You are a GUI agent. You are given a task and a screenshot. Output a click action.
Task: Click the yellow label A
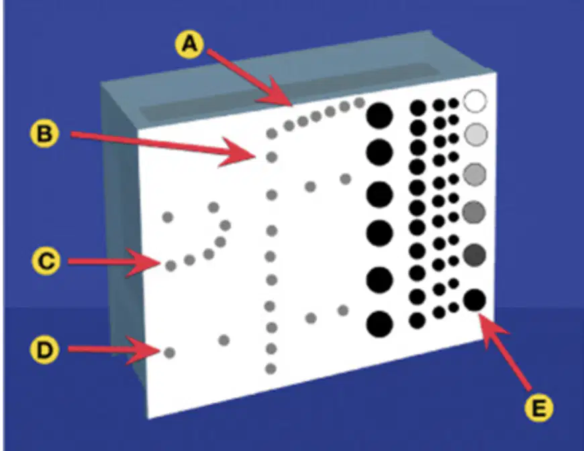pyautogui.click(x=189, y=45)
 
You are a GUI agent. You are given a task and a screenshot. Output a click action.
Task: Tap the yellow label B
pyautogui.click(x=44, y=133)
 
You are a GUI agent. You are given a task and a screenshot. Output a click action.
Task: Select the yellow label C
pyautogui.click(x=46, y=261)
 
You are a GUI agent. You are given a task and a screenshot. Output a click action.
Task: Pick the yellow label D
pyautogui.click(x=44, y=350)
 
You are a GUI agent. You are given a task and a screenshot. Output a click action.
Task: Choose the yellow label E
pyautogui.click(x=538, y=407)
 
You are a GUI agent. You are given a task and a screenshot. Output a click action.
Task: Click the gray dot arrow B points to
pyautogui.click(x=272, y=157)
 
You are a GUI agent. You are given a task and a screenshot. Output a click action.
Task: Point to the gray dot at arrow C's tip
pyautogui.click(x=171, y=266)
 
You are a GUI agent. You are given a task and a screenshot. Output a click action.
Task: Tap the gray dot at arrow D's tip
pyautogui.click(x=169, y=352)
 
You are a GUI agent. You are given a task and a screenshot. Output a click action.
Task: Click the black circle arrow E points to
pyautogui.click(x=475, y=300)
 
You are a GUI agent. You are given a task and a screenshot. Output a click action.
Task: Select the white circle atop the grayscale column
pyautogui.click(x=475, y=101)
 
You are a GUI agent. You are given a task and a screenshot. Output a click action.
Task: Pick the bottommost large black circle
pyautogui.click(x=379, y=323)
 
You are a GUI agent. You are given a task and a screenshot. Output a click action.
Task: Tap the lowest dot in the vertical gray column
pyautogui.click(x=271, y=368)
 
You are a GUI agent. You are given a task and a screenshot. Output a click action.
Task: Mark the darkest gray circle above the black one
pyautogui.click(x=475, y=256)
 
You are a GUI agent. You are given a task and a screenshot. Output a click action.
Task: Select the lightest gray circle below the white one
pyautogui.click(x=476, y=134)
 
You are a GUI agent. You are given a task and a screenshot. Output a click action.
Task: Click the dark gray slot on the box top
pyautogui.click(x=289, y=92)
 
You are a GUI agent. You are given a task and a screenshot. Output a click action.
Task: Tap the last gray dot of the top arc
pyautogui.click(x=359, y=103)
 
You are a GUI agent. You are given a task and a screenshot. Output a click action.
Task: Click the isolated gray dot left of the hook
pyautogui.click(x=168, y=216)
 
